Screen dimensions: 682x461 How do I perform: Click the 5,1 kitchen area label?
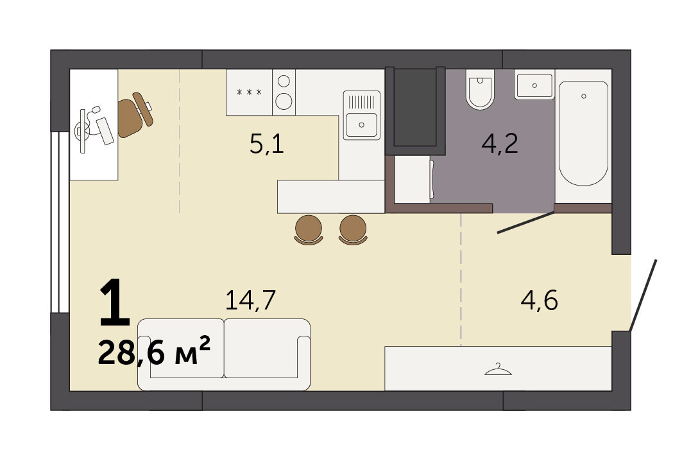coord(267,144)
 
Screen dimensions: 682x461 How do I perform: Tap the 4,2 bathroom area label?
coord(500,144)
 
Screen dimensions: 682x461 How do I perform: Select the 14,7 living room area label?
coord(250,300)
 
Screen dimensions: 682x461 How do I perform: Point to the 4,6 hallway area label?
coord(540,300)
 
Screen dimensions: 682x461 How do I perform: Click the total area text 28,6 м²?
coord(155,351)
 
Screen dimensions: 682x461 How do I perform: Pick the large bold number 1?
coord(115,303)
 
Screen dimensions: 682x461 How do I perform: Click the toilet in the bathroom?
coord(480,89)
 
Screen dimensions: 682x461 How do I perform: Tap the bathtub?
coord(583,133)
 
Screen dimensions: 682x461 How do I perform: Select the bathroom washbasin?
coord(534,85)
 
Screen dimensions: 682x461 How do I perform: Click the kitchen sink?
coord(361,116)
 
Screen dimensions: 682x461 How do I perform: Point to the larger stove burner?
coord(284,101)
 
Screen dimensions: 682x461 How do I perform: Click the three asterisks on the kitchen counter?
coord(249,92)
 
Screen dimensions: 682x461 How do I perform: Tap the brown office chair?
coord(135,115)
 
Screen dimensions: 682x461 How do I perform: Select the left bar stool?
coord(309,230)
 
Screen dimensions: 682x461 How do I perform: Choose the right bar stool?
coord(353,230)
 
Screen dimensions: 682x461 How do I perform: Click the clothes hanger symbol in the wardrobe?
coord(498,370)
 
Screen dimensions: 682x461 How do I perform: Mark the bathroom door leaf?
coord(526,222)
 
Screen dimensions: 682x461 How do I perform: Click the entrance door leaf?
coord(643,295)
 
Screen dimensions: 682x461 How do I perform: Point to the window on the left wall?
coord(60,222)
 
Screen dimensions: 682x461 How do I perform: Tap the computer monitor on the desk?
coord(83,130)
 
